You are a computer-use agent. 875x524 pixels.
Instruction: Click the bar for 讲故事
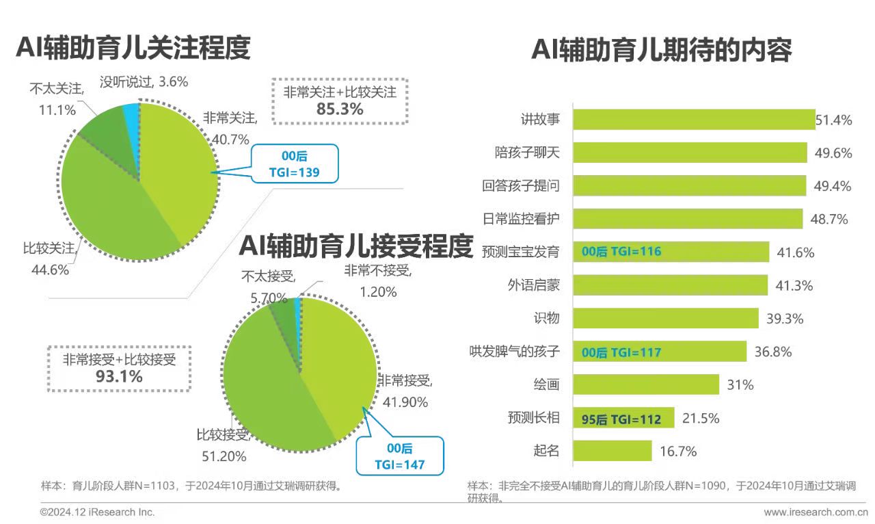tap(693, 119)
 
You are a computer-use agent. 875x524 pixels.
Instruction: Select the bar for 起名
tap(612, 451)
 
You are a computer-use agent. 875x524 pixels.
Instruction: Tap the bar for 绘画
tap(645, 384)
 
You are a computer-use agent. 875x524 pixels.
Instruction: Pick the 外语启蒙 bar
tap(670, 285)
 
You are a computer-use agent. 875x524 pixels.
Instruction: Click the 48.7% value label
tap(831, 220)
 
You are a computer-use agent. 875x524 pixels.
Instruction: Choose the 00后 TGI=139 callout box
tap(295, 164)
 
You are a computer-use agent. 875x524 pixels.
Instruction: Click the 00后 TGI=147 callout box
tap(399, 456)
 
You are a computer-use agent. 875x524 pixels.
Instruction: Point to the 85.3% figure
tap(339, 109)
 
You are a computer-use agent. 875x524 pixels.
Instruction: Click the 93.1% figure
tap(119, 376)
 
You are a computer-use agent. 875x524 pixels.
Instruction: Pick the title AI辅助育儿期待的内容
tap(662, 50)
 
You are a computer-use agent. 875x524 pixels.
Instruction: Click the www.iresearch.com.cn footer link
tap(815, 512)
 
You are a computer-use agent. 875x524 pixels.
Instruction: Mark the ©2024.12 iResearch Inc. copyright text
tap(98, 512)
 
